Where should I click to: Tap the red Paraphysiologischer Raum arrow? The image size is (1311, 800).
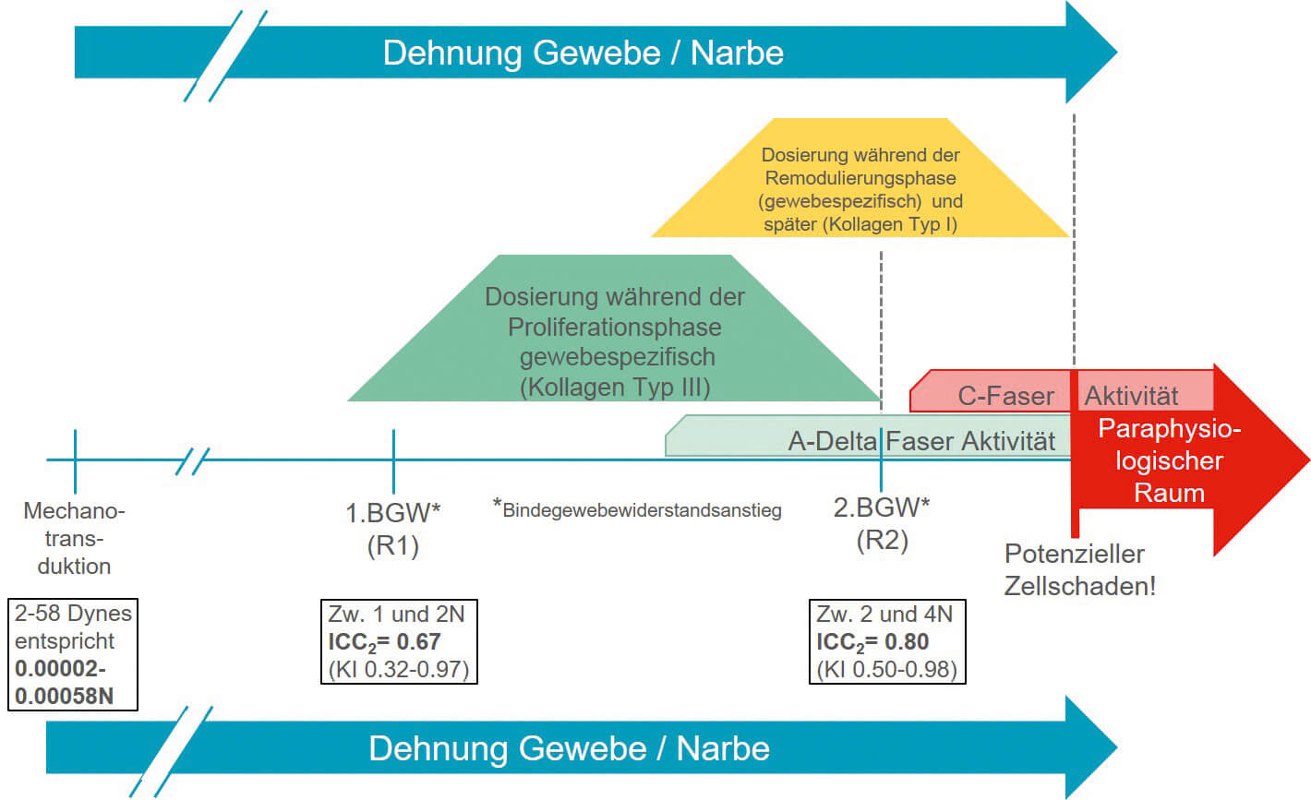1191,461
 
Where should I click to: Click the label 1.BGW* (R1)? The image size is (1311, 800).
393,528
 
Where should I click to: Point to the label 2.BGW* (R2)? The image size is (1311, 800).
882,523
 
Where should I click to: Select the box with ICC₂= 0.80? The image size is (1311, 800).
886,642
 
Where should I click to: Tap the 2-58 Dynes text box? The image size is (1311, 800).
73,654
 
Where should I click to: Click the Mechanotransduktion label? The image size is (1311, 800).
74,538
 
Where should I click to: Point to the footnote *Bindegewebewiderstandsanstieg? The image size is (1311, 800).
637,509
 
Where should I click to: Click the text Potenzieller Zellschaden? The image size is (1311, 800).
1079,569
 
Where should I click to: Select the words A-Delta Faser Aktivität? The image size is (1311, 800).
921,441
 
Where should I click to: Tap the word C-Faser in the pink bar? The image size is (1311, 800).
1005,396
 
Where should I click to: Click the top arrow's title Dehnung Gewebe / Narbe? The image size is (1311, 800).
583,53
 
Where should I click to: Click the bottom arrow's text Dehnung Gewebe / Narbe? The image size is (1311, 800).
569,747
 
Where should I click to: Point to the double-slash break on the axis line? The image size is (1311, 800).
192,460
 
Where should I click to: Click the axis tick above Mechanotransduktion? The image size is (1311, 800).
75,460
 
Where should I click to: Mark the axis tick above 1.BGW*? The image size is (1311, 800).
393,460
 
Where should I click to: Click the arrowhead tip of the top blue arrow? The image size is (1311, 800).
1114,53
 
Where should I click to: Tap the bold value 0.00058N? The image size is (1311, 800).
64,696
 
